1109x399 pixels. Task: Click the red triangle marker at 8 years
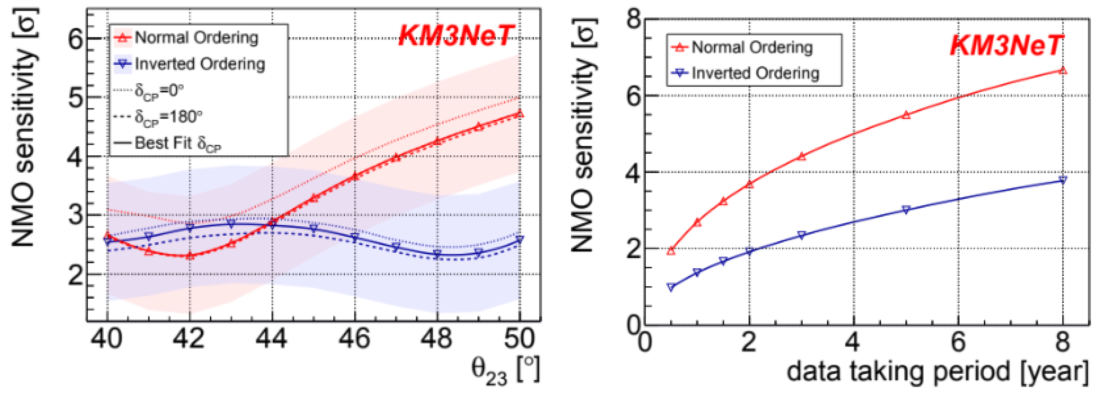[1063, 70]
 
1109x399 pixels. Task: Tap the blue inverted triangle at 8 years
[1063, 180]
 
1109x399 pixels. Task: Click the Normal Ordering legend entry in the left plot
[186, 38]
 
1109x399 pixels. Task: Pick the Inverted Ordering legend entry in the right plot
[745, 73]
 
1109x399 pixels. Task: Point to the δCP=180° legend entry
[158, 117]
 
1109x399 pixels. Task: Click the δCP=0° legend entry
[148, 91]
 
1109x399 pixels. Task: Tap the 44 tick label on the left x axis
[271, 339]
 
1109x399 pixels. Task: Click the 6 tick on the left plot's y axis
[76, 39]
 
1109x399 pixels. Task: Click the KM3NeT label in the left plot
[456, 35]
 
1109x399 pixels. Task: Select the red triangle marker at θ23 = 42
[190, 256]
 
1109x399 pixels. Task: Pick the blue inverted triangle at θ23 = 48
[437, 254]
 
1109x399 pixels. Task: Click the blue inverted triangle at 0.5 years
[671, 287]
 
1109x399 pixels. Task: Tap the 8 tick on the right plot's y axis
[634, 20]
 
